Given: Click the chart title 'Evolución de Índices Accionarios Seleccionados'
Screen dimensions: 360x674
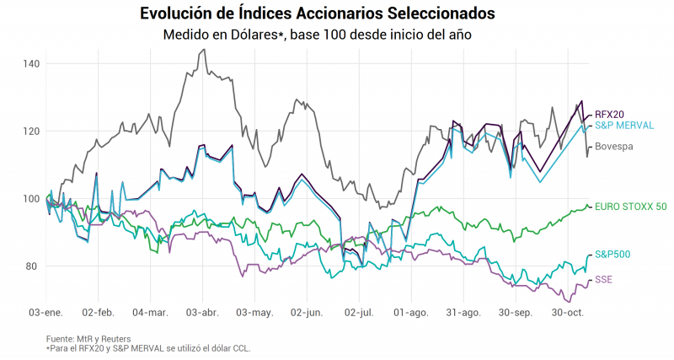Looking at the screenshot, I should coord(318,13).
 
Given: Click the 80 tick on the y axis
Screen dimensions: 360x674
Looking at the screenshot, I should coord(32,266).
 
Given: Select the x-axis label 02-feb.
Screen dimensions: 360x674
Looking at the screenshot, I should coord(98,313).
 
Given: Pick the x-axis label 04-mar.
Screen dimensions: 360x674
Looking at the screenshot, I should coord(150,313).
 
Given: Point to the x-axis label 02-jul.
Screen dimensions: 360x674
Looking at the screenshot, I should coord(359,313).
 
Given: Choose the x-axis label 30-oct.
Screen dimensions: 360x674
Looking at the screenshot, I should coord(568,313).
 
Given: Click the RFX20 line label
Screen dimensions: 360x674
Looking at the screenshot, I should coord(610,114).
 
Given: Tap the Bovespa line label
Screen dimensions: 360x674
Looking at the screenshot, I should coord(613,147).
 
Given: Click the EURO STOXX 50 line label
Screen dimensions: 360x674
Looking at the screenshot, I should coord(630,206).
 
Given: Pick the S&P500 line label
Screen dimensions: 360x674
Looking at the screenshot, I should coord(612,254).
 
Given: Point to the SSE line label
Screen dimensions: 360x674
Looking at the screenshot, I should coord(603,279).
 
